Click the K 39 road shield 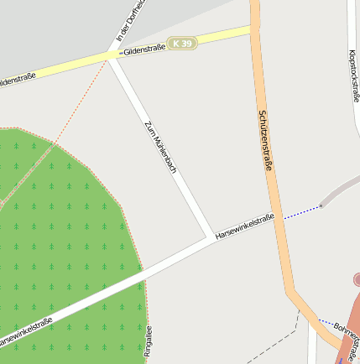(182, 43)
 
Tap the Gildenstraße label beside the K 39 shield (143, 50)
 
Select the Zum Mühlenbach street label (160, 148)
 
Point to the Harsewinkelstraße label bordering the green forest (25, 333)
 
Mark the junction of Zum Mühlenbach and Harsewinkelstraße (209, 238)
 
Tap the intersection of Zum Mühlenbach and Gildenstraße (112, 56)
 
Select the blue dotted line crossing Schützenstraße (300, 212)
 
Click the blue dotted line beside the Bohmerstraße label (325, 322)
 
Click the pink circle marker (357, 279)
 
